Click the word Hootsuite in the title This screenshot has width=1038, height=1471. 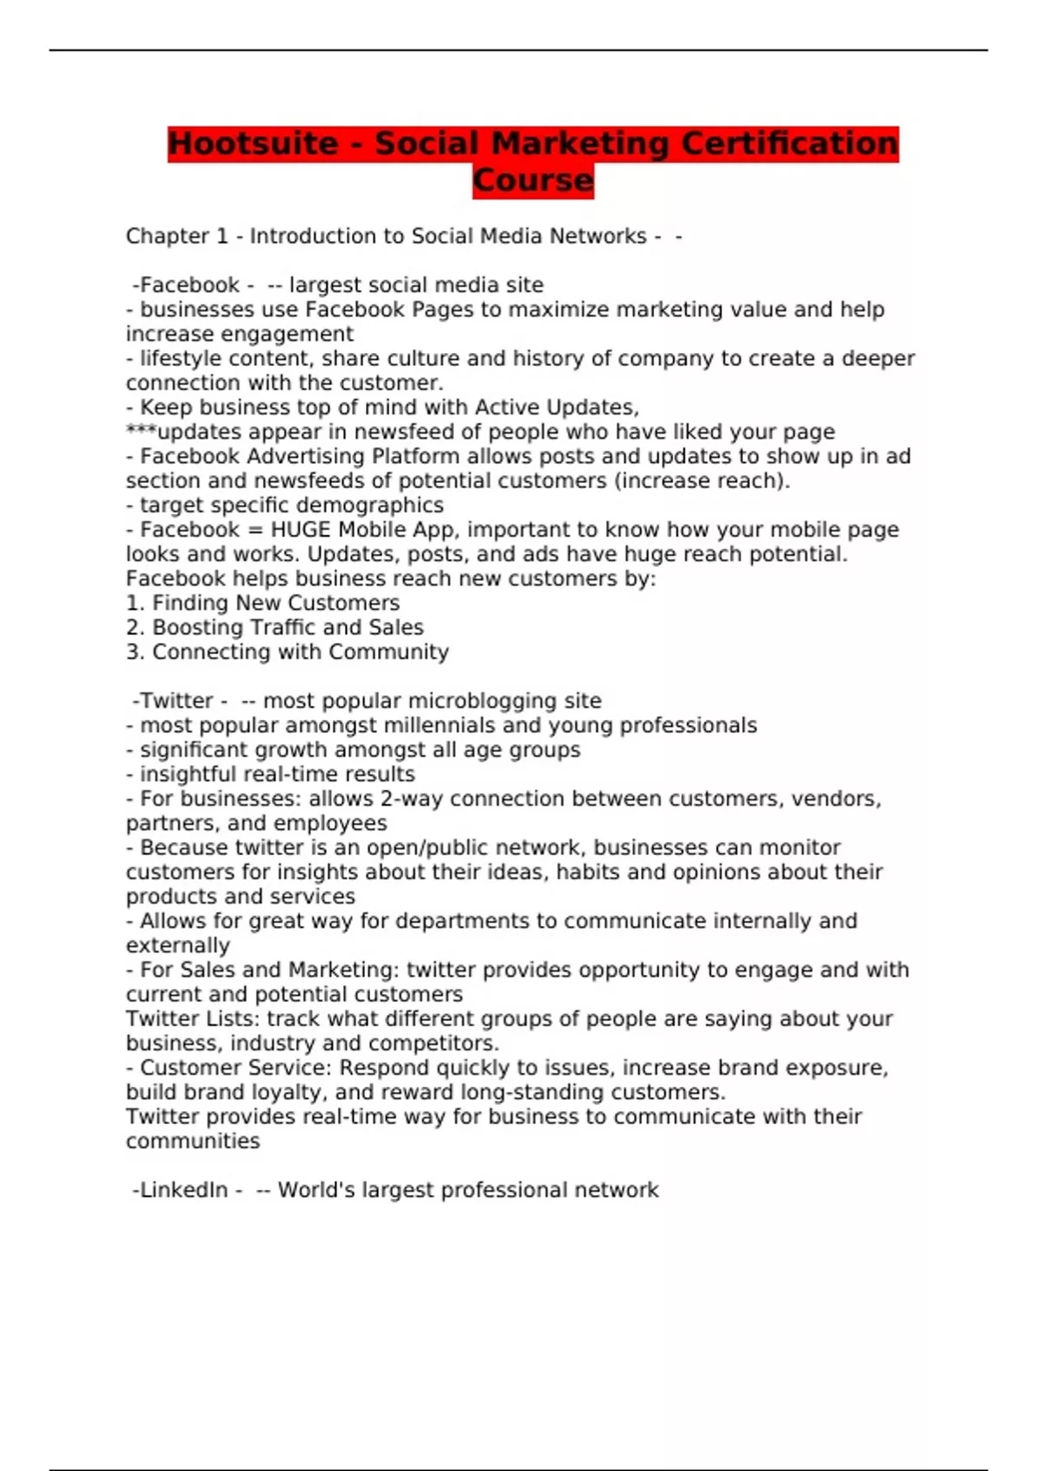tap(253, 144)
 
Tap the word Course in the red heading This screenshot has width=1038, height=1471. tap(533, 181)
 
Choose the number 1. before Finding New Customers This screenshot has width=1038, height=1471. tap(135, 603)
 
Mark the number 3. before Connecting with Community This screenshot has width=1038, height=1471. tap(135, 652)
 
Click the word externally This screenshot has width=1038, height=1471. tap(178, 946)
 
